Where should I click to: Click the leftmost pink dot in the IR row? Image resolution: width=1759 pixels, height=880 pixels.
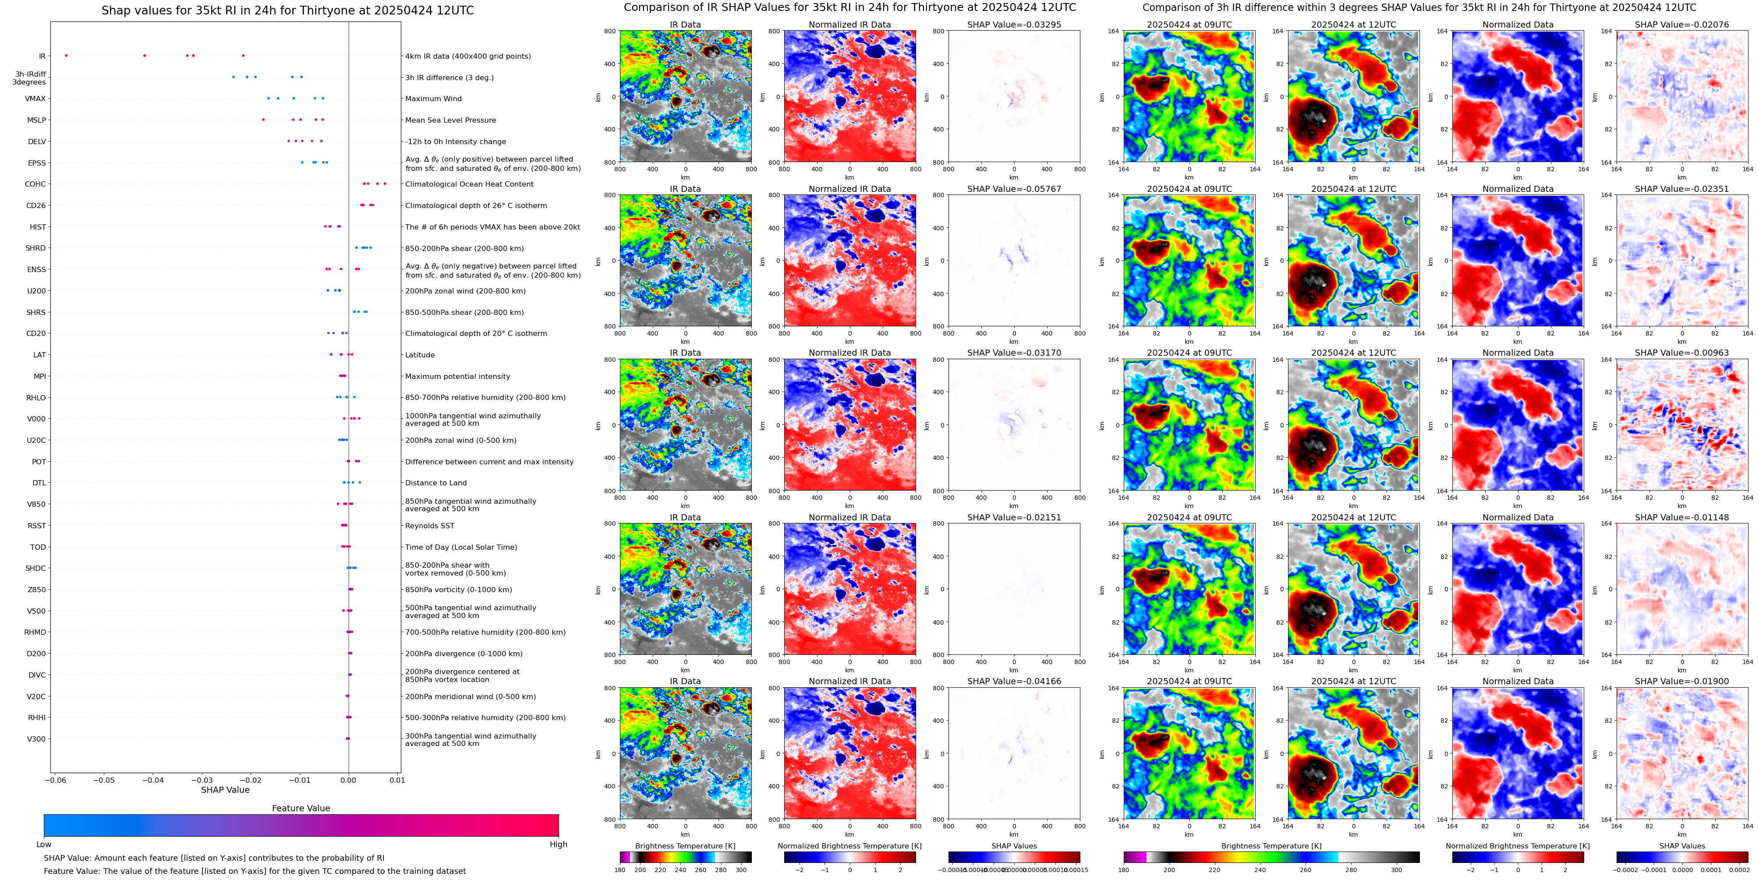point(66,55)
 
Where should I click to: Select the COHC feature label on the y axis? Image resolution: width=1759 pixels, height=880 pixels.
point(35,184)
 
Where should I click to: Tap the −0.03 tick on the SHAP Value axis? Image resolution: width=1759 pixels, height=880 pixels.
point(202,780)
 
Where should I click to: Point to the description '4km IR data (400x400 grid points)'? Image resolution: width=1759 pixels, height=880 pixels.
point(468,56)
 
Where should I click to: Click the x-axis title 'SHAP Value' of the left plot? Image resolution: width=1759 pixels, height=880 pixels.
point(225,790)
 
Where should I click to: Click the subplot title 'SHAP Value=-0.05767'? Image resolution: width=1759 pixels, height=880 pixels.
point(1014,189)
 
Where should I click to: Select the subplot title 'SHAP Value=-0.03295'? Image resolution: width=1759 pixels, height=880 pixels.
point(1014,25)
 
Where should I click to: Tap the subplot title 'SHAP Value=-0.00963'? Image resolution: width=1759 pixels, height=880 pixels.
point(1682,353)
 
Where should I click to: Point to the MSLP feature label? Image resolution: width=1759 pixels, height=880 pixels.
point(37,120)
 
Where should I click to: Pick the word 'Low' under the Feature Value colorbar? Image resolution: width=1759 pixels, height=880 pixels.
point(44,845)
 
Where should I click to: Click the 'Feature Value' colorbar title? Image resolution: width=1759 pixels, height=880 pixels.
point(301,808)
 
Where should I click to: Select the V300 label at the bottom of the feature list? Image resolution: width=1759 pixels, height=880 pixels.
point(36,739)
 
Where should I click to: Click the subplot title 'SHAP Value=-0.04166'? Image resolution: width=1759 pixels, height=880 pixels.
point(1014,681)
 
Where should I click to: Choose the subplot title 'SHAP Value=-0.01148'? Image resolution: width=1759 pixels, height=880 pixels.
point(1682,517)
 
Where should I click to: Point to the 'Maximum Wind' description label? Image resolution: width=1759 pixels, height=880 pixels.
point(433,99)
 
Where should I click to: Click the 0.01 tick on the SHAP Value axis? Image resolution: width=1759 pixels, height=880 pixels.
point(397,780)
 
